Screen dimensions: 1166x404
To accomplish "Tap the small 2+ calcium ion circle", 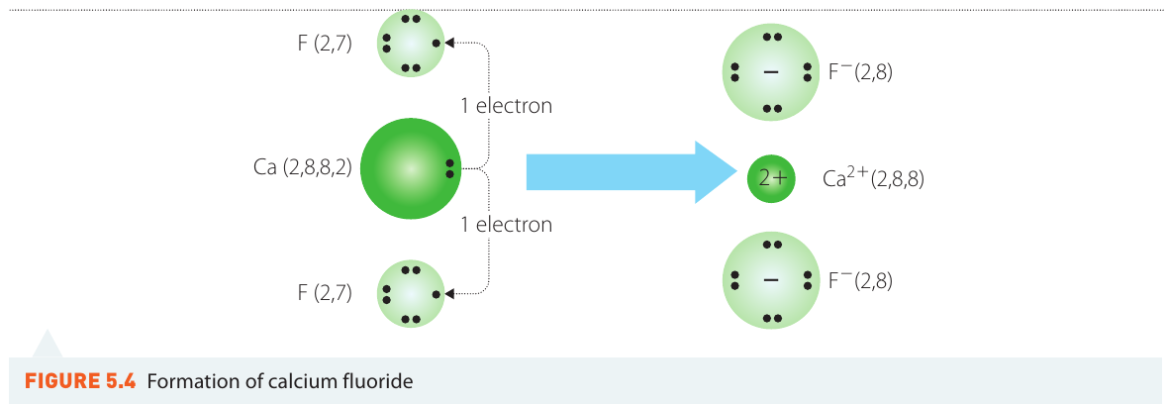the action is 771,178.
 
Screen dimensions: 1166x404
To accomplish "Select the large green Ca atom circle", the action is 411,169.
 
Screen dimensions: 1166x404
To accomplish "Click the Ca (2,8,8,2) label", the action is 303,167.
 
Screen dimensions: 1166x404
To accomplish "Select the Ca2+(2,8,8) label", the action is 874,178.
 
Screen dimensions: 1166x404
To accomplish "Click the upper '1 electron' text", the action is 507,106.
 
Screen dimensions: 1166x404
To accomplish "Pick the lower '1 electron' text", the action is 507,224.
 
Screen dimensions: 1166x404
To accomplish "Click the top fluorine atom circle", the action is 411,44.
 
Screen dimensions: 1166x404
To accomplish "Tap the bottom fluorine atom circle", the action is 411,294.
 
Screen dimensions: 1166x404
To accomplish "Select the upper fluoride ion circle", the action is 771,72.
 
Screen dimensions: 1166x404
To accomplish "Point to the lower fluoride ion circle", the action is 771,280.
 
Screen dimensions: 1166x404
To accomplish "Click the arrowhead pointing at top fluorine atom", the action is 449,44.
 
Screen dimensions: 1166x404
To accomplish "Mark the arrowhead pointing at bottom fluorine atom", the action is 449,294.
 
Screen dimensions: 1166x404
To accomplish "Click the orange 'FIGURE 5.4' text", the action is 80,382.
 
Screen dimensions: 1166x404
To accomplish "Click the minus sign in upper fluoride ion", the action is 771,73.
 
